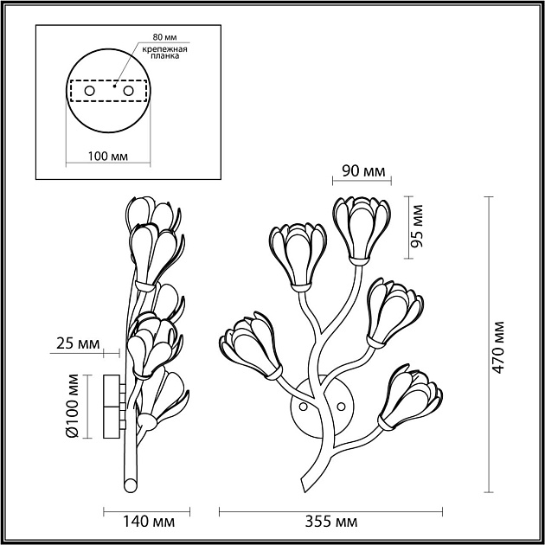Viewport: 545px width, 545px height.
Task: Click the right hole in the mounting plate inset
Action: click(128, 90)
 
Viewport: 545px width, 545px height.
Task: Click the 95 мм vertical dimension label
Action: click(417, 227)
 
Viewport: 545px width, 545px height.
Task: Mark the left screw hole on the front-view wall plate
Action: click(303, 405)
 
